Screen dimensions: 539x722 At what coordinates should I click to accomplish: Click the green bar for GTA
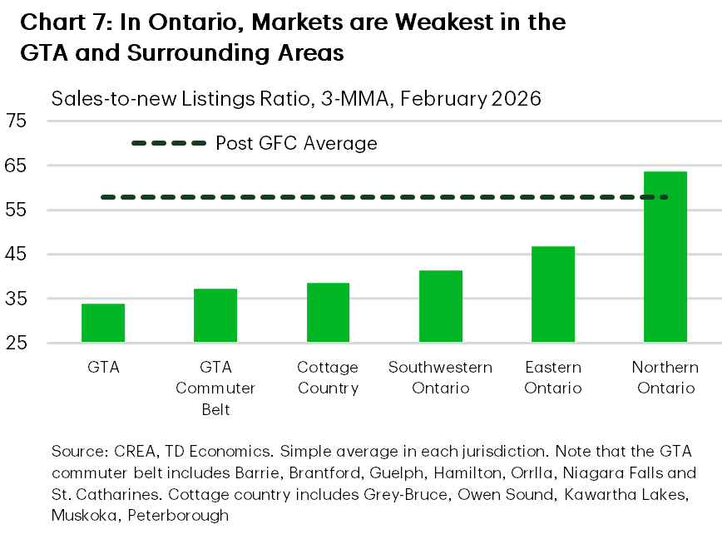pyautogui.click(x=103, y=323)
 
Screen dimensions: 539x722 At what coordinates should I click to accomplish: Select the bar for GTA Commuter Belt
pyautogui.click(x=215, y=315)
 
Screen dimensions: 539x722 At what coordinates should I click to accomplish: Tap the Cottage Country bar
pyautogui.click(x=328, y=313)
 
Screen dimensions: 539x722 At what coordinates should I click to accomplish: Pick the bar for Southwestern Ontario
pyautogui.click(x=441, y=306)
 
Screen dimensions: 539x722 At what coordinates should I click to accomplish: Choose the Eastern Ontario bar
pyautogui.click(x=553, y=294)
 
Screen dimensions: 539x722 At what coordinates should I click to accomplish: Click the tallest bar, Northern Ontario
pyautogui.click(x=665, y=257)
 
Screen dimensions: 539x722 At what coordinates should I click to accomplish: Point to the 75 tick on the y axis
pyautogui.click(x=17, y=121)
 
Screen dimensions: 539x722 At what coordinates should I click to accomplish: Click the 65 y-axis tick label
pyautogui.click(x=17, y=166)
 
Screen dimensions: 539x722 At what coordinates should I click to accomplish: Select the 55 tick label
pyautogui.click(x=17, y=210)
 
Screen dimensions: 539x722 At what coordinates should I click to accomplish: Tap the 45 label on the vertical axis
pyautogui.click(x=17, y=255)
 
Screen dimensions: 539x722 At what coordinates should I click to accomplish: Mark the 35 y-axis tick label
pyautogui.click(x=17, y=299)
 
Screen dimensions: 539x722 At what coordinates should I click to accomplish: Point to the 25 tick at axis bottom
pyautogui.click(x=17, y=343)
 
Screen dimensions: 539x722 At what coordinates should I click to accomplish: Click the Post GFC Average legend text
pyautogui.click(x=296, y=144)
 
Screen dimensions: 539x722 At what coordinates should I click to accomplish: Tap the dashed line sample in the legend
pyautogui.click(x=169, y=144)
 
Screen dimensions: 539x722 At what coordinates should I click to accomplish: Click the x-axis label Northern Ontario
pyautogui.click(x=665, y=378)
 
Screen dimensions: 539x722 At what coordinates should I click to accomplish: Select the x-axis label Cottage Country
pyautogui.click(x=328, y=378)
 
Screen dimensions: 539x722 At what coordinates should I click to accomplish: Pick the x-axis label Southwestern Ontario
pyautogui.click(x=441, y=378)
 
